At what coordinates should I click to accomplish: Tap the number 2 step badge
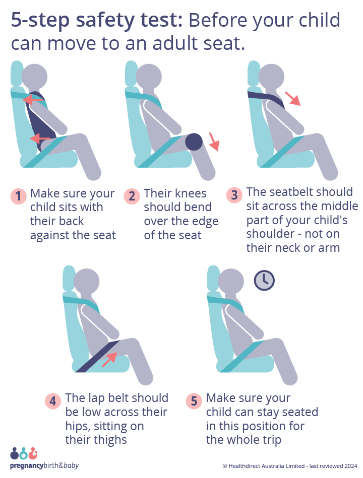coord(132,196)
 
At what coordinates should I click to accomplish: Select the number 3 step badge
coord(234,195)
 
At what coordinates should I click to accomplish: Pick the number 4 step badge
coord(53,401)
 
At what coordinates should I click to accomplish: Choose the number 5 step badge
coord(194,401)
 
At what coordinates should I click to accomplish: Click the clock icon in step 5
coord(264,280)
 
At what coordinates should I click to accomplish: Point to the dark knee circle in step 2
coord(194,142)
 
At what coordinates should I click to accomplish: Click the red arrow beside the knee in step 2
coord(214,142)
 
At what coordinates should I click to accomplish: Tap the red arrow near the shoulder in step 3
coord(292,98)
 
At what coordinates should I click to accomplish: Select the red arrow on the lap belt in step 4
coord(109,359)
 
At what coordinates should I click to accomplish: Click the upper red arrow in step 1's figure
coord(33,100)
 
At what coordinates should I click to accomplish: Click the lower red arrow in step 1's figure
coord(40,138)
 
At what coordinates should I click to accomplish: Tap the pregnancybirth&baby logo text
coord(44,466)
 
